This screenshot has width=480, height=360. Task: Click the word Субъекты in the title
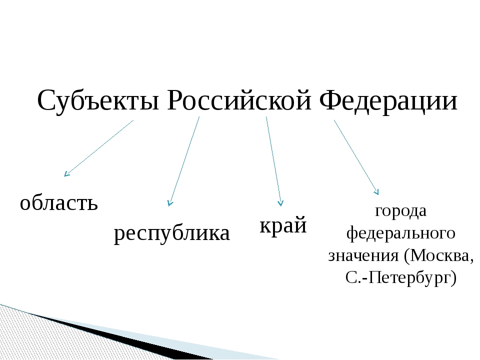click(x=98, y=100)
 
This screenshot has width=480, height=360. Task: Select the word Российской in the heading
click(x=239, y=100)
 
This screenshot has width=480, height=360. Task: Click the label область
click(x=59, y=202)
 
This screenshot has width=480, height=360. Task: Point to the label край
click(x=283, y=224)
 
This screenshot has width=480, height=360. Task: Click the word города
click(x=400, y=211)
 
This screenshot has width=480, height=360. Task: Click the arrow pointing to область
click(x=99, y=148)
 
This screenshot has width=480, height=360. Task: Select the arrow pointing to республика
click(x=183, y=161)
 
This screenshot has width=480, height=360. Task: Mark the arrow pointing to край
click(x=273, y=161)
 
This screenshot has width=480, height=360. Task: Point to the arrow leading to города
click(x=356, y=157)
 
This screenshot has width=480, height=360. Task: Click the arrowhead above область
click(x=66, y=174)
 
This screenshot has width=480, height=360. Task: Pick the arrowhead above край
click(x=280, y=203)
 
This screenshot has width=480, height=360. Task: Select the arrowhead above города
click(x=377, y=192)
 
